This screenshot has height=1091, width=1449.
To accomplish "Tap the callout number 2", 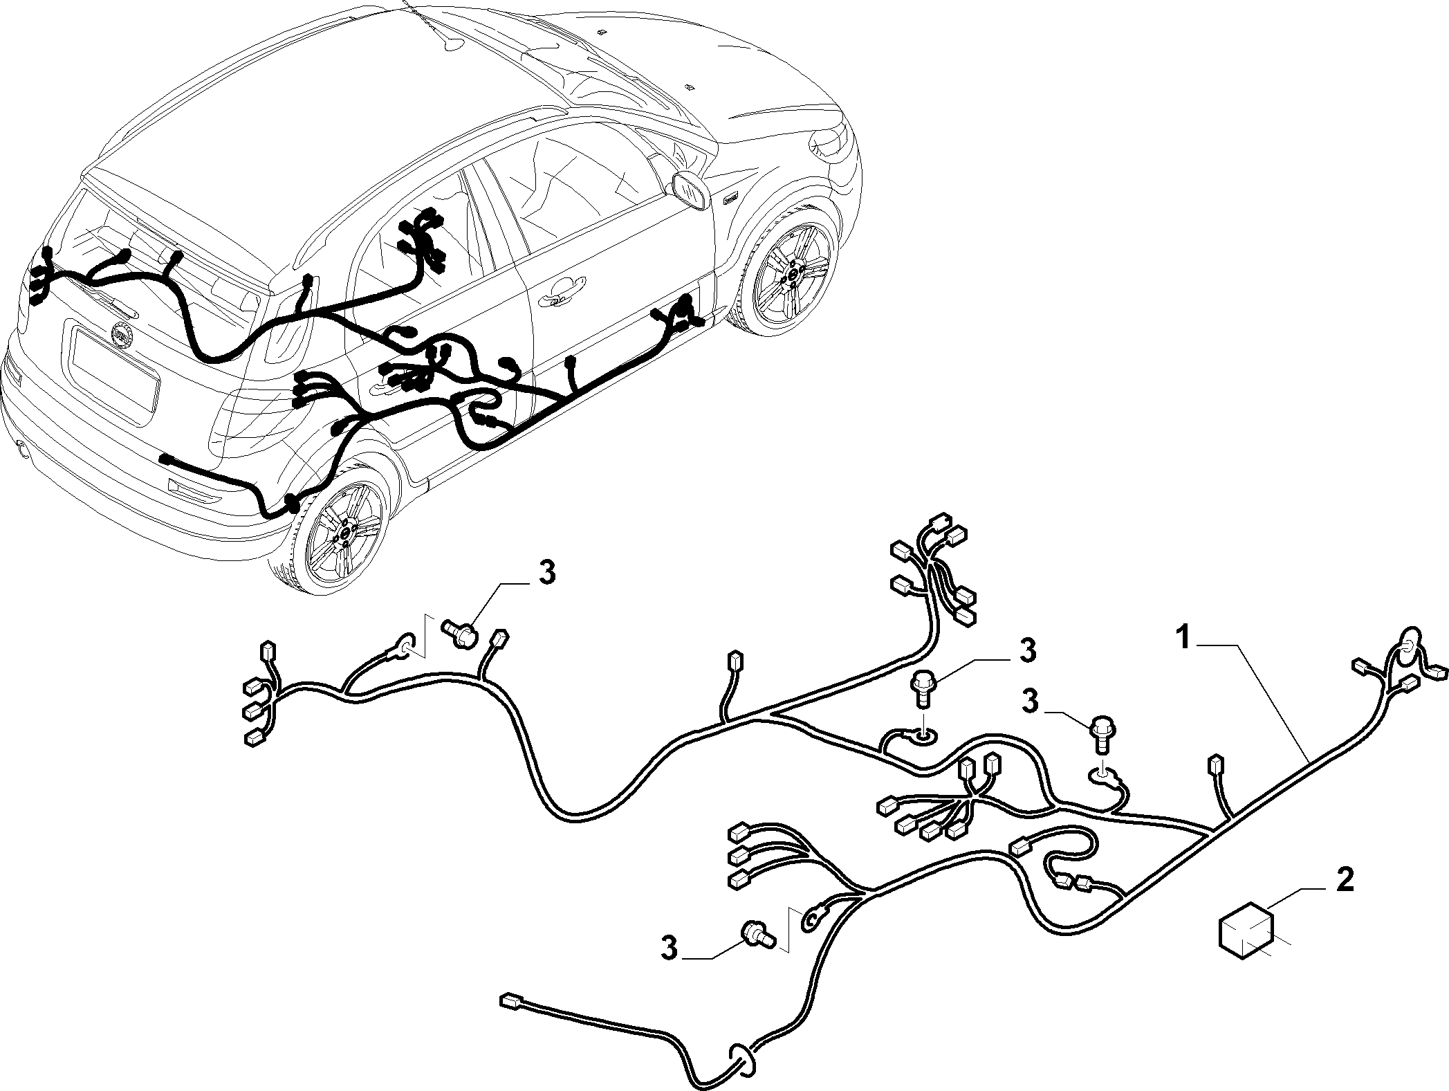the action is tap(1345, 881).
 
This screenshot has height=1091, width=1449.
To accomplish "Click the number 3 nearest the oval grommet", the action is tap(669, 947).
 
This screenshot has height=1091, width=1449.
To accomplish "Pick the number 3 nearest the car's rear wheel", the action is tap(546, 574).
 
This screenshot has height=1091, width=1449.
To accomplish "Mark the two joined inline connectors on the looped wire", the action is tap(1074, 881).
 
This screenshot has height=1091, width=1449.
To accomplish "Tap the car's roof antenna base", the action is tap(453, 44).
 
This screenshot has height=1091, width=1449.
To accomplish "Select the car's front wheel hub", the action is tap(793, 273).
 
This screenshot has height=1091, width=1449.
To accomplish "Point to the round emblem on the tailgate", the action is tap(124, 335).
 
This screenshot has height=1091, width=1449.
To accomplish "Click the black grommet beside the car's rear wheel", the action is tap(293, 502).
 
